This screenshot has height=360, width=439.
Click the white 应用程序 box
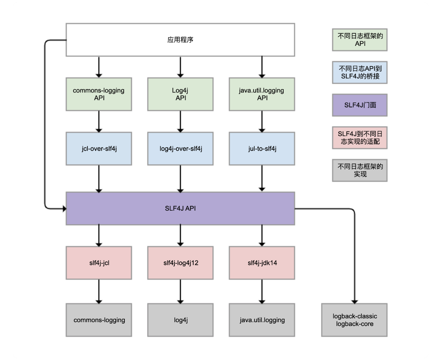tap(180, 40)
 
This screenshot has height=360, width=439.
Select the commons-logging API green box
tap(99, 94)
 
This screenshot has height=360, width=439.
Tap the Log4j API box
tap(180, 94)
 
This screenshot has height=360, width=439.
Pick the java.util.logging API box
tap(262, 94)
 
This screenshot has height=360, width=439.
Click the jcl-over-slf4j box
tap(99, 149)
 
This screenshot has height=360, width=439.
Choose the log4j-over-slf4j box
tap(180, 149)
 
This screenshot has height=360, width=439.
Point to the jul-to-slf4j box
tap(262, 149)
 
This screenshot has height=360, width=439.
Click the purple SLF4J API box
tap(180, 209)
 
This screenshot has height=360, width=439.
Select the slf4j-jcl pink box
tap(99, 263)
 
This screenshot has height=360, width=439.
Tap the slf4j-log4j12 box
tap(180, 263)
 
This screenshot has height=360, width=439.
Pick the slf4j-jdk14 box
tap(262, 263)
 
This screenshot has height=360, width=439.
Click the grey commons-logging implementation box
tap(99, 320)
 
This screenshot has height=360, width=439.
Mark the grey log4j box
tap(180, 320)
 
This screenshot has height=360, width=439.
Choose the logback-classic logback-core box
tap(355, 320)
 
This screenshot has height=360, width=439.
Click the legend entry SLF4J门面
tap(360, 105)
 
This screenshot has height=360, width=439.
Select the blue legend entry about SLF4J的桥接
tap(360, 72)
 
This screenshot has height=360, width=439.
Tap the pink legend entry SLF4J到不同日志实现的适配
tap(360, 138)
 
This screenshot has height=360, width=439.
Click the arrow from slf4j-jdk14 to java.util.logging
tap(262, 292)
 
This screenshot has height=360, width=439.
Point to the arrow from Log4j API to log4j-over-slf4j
tap(180, 122)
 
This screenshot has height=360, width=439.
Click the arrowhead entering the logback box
tap(355, 302)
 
